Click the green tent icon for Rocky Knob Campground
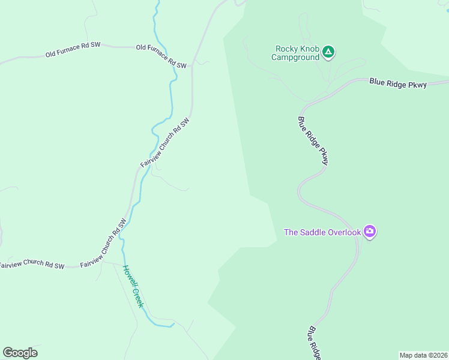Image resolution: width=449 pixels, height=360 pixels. pyautogui.click(x=328, y=52)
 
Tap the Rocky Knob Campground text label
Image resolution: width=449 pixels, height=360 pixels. pyautogui.click(x=295, y=53)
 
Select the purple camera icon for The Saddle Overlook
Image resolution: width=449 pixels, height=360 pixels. pyautogui.click(x=370, y=232)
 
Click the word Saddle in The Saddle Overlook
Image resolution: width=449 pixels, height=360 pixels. pyautogui.click(x=315, y=232)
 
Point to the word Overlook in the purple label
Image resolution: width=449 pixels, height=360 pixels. pyautogui.click(x=345, y=232)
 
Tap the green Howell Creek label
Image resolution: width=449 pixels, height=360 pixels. pyautogui.click(x=133, y=286)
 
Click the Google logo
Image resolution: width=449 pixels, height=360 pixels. pyautogui.click(x=20, y=353)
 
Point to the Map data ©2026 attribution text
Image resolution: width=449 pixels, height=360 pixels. pyautogui.click(x=423, y=355)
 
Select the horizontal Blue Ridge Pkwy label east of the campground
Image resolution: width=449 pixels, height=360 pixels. pyautogui.click(x=397, y=83)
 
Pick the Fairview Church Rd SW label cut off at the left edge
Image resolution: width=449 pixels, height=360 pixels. pyautogui.click(x=31, y=265)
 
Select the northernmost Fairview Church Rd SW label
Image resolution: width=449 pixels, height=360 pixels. pyautogui.click(x=165, y=142)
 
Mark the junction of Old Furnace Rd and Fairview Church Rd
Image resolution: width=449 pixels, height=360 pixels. pyautogui.click(x=192, y=67)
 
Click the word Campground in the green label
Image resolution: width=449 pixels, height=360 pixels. pyautogui.click(x=295, y=58)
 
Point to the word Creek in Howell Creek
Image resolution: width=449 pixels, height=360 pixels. pyautogui.click(x=137, y=296)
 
